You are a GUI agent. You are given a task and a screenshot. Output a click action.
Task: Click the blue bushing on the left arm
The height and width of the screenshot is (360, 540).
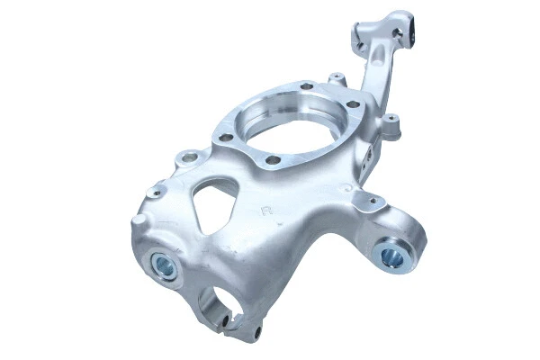pyautogui.click(x=165, y=265)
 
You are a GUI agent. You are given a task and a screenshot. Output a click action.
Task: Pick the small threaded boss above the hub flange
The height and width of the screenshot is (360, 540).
pyautogui.click(x=336, y=79)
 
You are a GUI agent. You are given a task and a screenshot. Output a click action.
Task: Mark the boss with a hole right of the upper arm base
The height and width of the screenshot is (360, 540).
pyautogui.click(x=390, y=118)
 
